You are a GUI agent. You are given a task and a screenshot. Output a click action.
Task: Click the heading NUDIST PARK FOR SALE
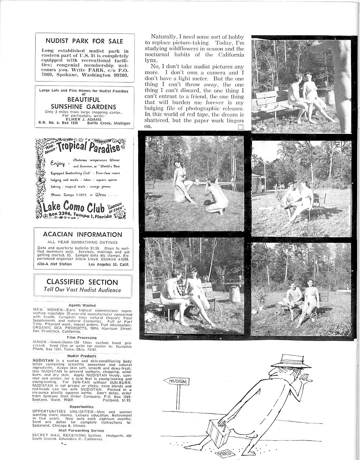[84, 41]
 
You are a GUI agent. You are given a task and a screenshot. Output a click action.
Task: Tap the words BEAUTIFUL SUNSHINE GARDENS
[84, 103]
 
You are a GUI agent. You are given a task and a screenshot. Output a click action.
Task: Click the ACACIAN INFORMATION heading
[82, 234]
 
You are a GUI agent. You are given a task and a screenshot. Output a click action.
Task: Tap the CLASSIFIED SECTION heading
[82, 282]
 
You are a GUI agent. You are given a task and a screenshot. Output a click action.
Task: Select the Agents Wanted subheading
[82, 305]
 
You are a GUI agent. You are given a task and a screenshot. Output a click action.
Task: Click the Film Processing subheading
[82, 338]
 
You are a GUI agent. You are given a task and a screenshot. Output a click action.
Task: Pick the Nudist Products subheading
[82, 356]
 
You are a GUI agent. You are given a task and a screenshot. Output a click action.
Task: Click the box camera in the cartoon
[218, 433]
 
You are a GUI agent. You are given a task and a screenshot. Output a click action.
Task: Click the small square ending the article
[241, 127]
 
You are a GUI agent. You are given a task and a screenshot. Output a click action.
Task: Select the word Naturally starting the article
[163, 37]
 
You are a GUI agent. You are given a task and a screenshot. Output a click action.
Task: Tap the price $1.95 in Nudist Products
[127, 400]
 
